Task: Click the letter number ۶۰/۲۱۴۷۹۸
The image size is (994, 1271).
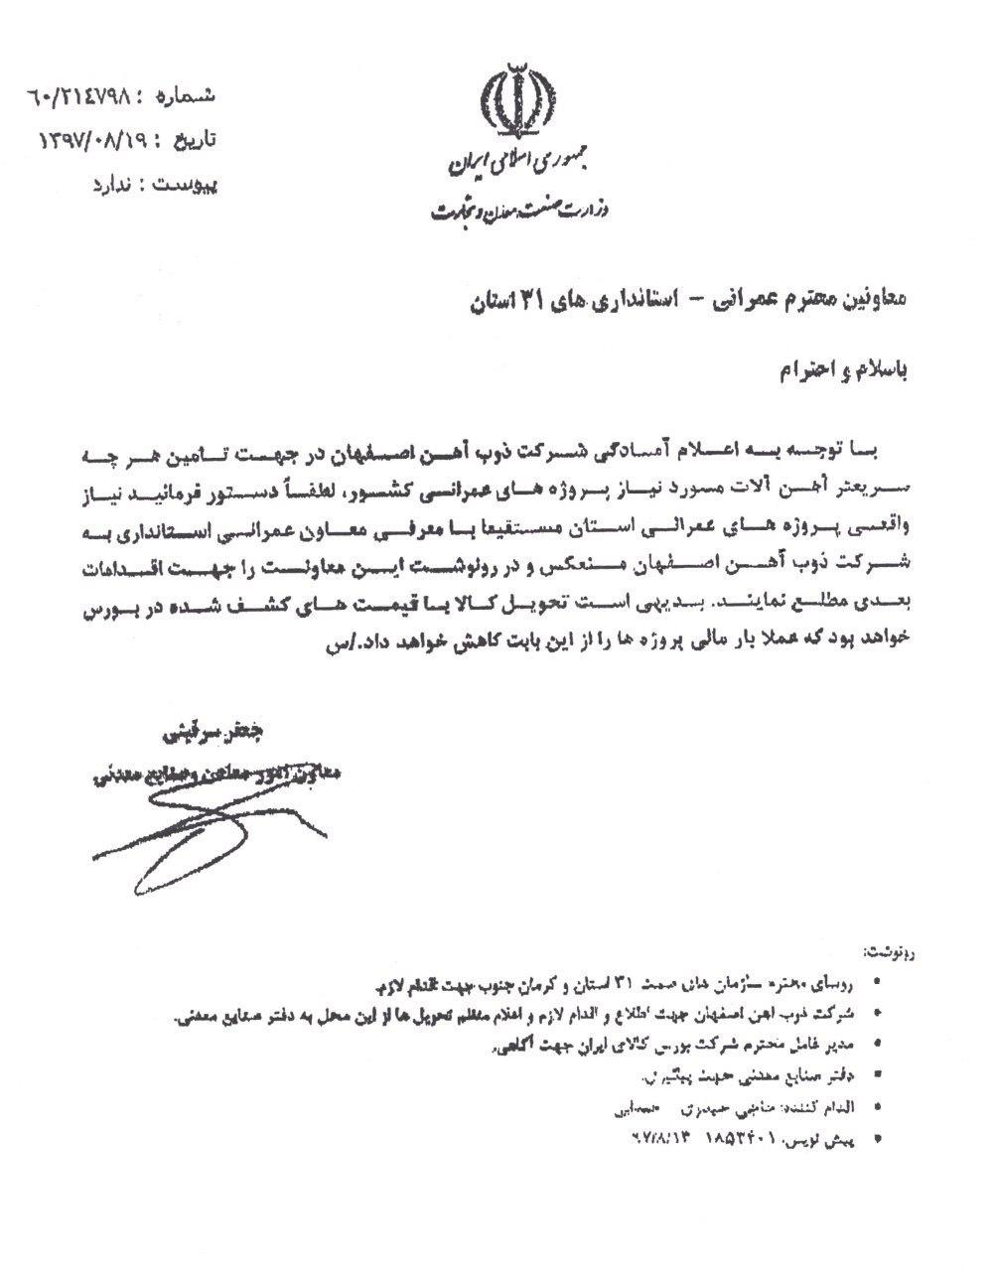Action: point(81,99)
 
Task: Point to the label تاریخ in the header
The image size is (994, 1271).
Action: point(193,141)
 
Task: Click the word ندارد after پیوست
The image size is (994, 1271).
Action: point(114,185)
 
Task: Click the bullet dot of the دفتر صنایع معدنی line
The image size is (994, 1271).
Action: point(874,1075)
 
